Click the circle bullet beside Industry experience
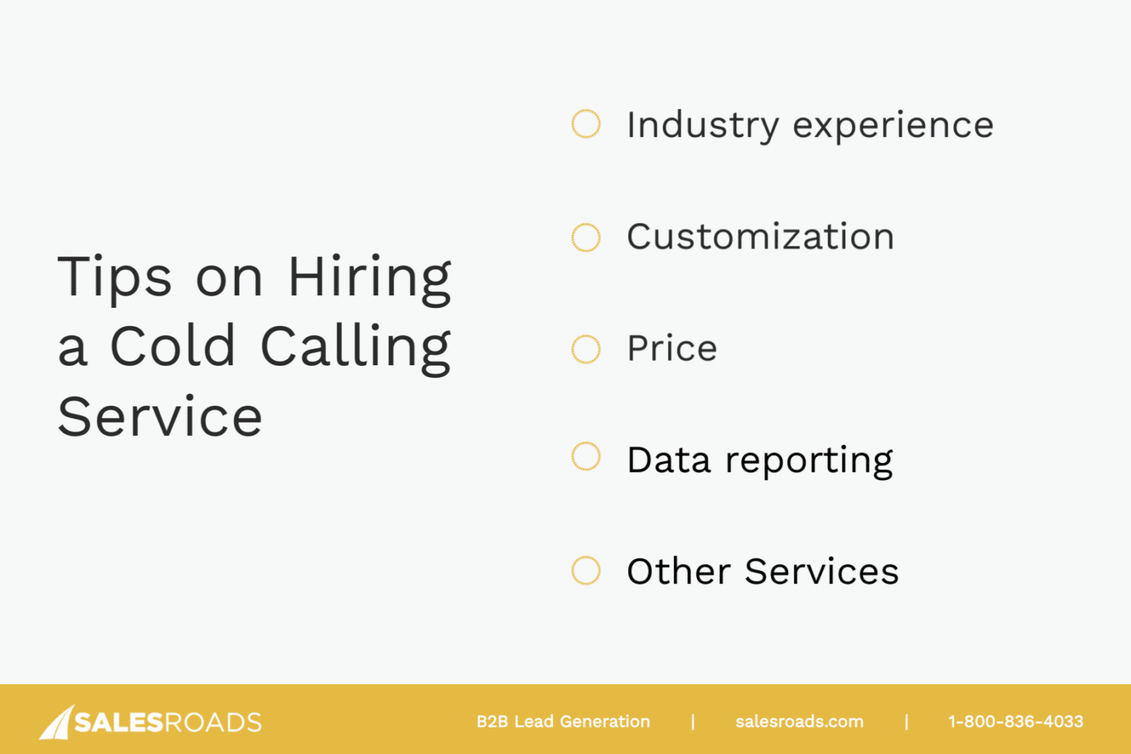tap(586, 124)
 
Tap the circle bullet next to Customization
tap(586, 237)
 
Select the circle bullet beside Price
tap(586, 349)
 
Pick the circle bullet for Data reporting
tap(586, 457)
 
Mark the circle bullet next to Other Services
tap(586, 571)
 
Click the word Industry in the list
tap(702, 126)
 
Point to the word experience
tap(893, 126)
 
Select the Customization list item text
tap(761, 237)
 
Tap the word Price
tap(672, 348)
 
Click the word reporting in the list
tap(809, 461)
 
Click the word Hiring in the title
tap(370, 278)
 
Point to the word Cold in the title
tap(173, 346)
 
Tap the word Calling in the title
tap(356, 348)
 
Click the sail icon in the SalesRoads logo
tap(56, 722)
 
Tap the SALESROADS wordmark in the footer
tap(168, 722)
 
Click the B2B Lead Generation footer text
tap(563, 722)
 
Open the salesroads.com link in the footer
tap(799, 722)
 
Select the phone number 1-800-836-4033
tap(1015, 722)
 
